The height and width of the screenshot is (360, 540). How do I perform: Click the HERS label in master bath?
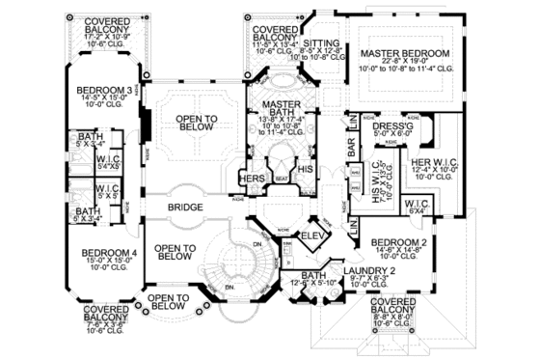(254, 180)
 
